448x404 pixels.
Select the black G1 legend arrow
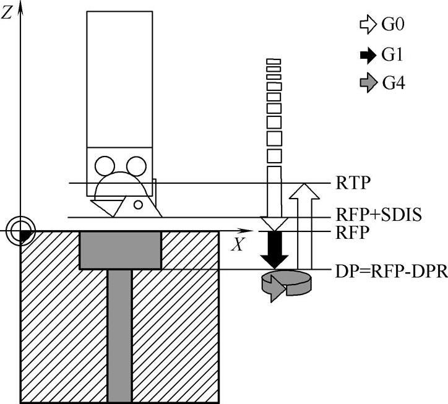click(x=368, y=54)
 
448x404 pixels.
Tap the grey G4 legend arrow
click(x=368, y=83)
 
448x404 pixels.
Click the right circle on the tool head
click(x=136, y=166)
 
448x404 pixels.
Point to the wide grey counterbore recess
click(x=120, y=251)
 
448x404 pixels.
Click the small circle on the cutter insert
click(x=138, y=203)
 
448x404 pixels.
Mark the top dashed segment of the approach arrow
click(x=273, y=61)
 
